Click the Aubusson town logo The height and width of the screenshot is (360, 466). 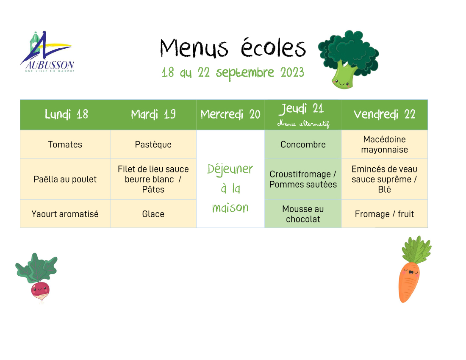click(x=47, y=52)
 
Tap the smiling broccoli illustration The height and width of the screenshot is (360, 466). click(x=348, y=59)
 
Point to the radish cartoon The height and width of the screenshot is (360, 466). click(x=36, y=278)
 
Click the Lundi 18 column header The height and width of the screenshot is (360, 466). click(x=66, y=114)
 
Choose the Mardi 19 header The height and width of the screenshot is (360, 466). click(x=153, y=114)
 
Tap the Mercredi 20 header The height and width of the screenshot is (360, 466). click(x=230, y=114)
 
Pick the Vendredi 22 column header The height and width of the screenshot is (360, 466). click(x=384, y=114)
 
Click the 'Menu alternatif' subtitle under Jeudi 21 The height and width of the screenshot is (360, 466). click(x=303, y=124)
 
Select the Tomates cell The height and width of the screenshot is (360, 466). click(x=65, y=144)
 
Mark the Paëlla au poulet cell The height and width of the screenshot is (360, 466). click(x=65, y=179)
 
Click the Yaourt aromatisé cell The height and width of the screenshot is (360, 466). click(x=65, y=214)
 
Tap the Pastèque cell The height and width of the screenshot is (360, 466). click(x=153, y=144)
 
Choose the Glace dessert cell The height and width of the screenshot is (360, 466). click(x=153, y=214)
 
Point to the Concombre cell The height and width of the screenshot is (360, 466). click(x=303, y=144)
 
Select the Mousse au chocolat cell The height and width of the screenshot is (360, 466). click(x=303, y=214)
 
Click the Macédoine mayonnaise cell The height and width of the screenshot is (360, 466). click(x=384, y=144)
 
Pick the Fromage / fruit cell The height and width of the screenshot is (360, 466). click(x=384, y=214)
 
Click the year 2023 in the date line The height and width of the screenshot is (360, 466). click(x=292, y=72)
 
